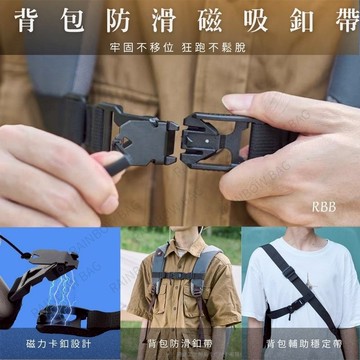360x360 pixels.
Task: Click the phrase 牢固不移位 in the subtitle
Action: point(139,48)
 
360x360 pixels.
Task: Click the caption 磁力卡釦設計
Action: point(59,343)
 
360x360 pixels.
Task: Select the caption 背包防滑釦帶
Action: point(179,343)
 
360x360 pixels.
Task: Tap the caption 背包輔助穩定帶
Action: point(300,343)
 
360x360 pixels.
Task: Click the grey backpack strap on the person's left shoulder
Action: point(205,270)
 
